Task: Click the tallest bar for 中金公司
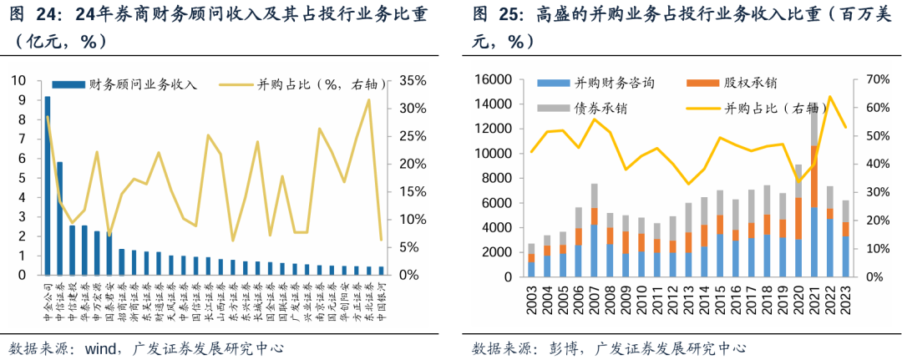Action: click(47, 185)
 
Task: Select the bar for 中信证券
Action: click(59, 218)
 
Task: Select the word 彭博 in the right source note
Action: click(558, 347)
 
